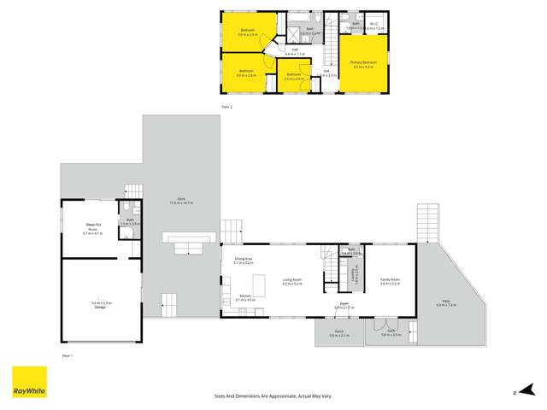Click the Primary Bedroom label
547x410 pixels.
[363, 63]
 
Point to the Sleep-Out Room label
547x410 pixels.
[93, 228]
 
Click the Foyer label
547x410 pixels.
[342, 303]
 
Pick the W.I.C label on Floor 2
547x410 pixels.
[374, 25]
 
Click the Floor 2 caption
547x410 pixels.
[227, 106]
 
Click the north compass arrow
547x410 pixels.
[515, 392]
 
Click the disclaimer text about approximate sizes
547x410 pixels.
[273, 395]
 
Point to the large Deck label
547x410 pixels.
[181, 202]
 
